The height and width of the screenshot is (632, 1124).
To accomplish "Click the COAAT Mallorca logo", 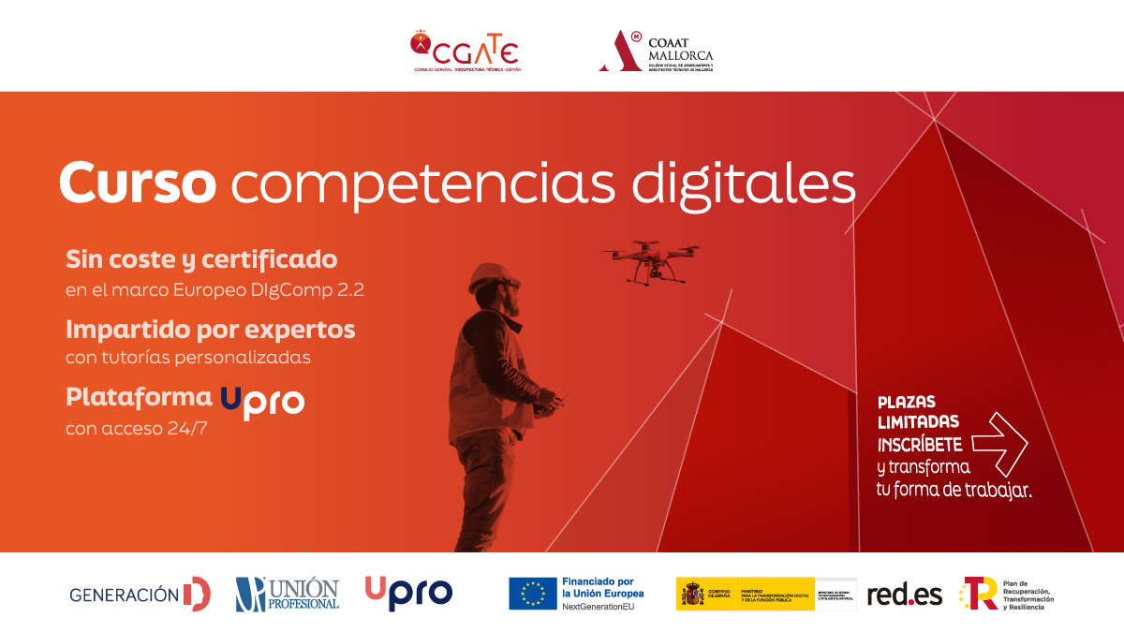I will pyautogui.click(x=656, y=51).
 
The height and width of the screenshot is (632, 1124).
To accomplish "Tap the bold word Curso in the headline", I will pyautogui.click(x=138, y=184).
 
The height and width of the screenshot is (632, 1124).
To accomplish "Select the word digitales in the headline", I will pyautogui.click(x=744, y=184).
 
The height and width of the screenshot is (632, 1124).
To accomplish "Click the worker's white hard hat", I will pyautogui.click(x=489, y=275).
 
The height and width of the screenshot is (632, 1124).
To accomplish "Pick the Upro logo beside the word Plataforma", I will pyautogui.click(x=262, y=401).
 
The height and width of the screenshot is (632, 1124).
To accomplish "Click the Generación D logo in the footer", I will pyautogui.click(x=140, y=594).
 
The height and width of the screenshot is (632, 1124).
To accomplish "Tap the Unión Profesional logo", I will pyautogui.click(x=288, y=594).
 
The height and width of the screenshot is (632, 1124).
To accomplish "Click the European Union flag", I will pyautogui.click(x=533, y=594).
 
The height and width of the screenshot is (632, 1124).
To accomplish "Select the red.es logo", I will pyautogui.click(x=904, y=594).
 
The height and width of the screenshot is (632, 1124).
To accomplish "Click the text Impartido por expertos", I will pyautogui.click(x=211, y=330).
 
